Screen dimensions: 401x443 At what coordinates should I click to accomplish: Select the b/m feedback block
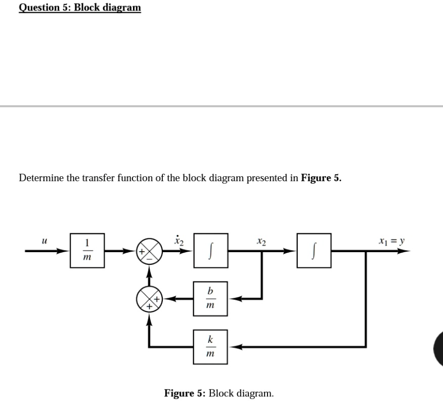(210, 299)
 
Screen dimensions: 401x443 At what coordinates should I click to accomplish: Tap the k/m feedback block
(210, 347)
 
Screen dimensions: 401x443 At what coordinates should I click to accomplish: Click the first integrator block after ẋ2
(210, 250)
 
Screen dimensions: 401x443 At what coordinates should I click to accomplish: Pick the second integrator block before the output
(314, 250)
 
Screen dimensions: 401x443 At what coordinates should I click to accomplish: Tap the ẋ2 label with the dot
(178, 239)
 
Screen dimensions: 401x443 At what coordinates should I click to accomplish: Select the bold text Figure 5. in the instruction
(321, 178)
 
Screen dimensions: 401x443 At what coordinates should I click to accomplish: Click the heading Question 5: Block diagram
(80, 8)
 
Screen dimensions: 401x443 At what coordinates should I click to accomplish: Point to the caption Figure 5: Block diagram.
(219, 393)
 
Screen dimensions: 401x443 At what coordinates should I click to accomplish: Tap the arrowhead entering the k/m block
(234, 347)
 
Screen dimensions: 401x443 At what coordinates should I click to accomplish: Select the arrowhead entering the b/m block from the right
(234, 299)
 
